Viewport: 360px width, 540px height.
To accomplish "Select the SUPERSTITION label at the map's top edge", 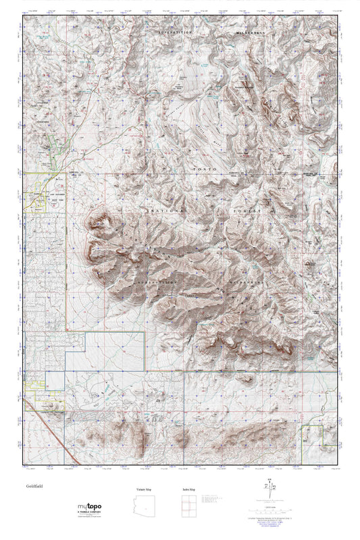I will click(176, 32).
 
